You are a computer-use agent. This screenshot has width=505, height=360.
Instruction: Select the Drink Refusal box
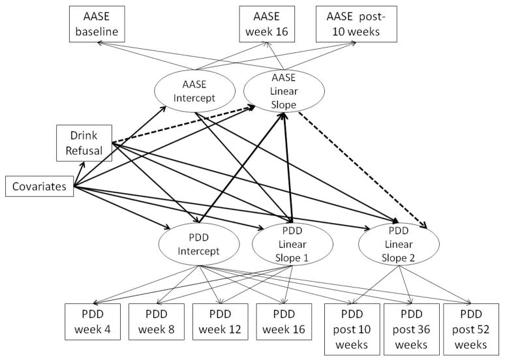pos(84,142)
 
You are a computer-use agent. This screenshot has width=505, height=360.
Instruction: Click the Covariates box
pos(39,187)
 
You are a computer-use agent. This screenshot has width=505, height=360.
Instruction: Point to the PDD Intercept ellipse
pos(196,245)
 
